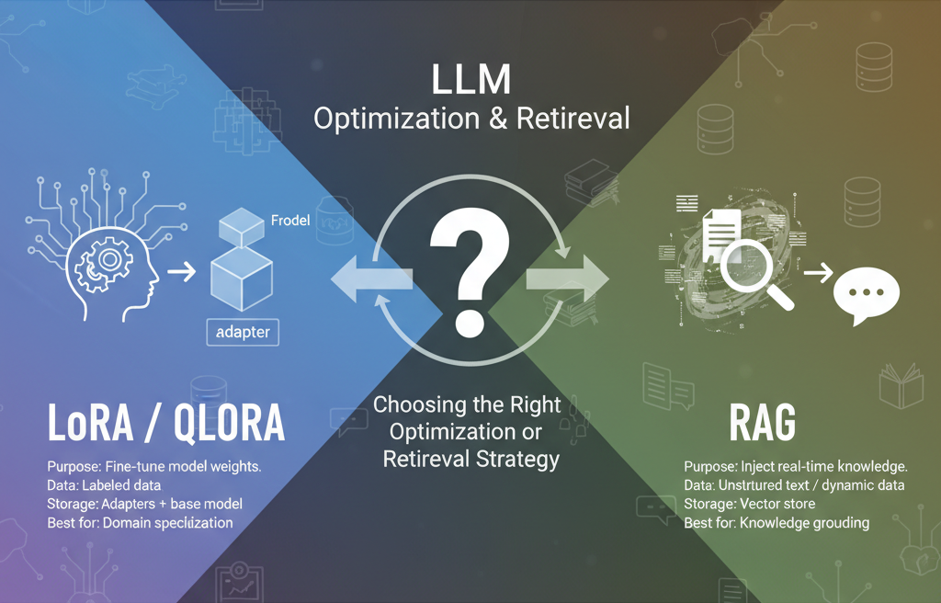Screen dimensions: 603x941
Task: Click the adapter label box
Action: click(244, 330)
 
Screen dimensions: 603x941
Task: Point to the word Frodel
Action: click(293, 221)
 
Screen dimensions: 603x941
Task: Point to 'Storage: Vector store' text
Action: click(750, 504)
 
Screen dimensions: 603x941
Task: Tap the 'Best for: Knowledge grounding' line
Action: click(776, 522)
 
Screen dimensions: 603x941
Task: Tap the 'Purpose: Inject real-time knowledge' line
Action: click(796, 466)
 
